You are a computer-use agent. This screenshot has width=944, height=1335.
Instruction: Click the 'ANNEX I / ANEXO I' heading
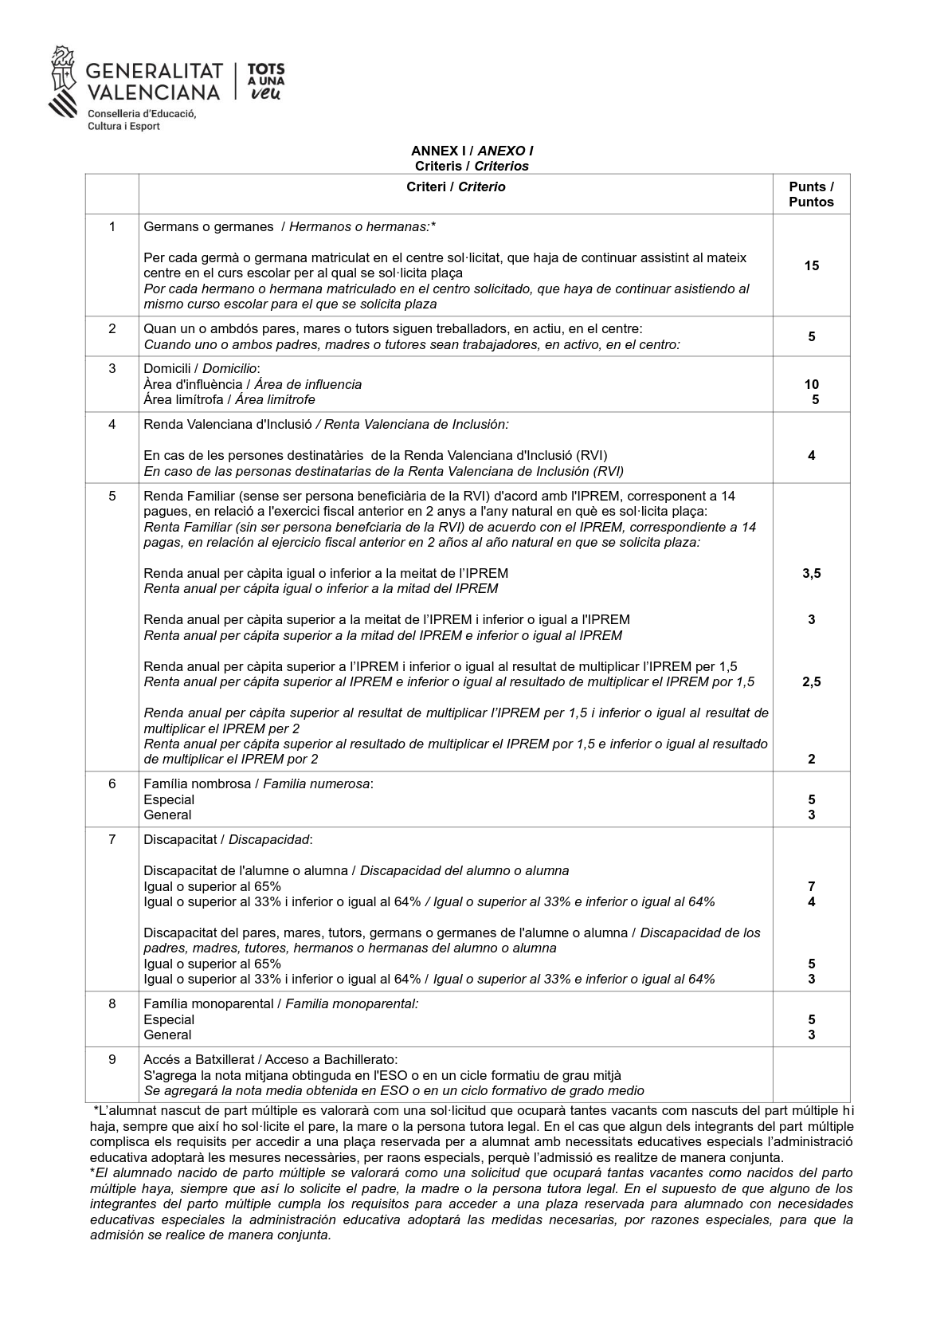tap(472, 151)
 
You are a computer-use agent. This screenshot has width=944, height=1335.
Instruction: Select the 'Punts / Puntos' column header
tap(811, 194)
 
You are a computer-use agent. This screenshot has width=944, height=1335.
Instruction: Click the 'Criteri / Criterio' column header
tap(456, 187)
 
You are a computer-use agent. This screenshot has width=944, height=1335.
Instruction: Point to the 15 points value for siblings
tap(811, 265)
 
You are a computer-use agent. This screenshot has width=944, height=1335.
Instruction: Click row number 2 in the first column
tap(112, 328)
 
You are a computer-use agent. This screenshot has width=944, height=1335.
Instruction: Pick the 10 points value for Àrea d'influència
tap(811, 384)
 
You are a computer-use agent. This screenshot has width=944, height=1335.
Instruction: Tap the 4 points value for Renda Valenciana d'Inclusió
tap(811, 456)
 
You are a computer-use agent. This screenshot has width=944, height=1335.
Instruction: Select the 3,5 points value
tap(811, 573)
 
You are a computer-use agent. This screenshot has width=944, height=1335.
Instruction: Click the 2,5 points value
tap(811, 681)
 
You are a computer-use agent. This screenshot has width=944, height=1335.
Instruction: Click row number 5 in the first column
tap(112, 496)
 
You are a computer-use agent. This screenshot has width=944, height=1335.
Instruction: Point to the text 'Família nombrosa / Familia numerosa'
tap(257, 783)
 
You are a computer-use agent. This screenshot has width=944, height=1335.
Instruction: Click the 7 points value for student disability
tap(811, 886)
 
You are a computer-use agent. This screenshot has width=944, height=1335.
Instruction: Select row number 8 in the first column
tap(112, 1003)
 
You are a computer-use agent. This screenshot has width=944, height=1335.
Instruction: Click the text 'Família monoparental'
tap(208, 1003)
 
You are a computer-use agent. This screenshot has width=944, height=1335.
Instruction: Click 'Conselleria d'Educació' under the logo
tap(141, 114)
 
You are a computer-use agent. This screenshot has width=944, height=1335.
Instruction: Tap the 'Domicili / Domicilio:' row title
tap(202, 368)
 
